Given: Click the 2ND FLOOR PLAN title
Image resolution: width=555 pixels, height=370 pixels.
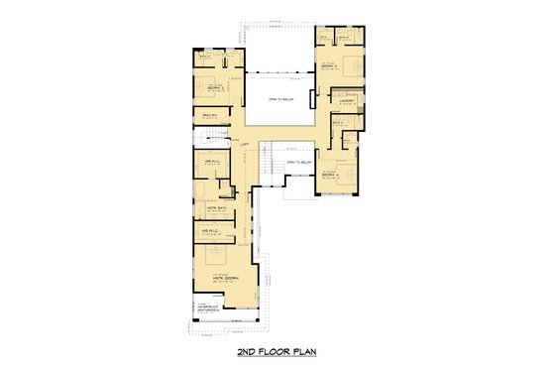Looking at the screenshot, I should point(277,352).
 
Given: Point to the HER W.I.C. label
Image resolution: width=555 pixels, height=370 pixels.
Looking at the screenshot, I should point(210,161).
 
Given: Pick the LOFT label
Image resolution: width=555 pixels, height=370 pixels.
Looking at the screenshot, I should point(245,145).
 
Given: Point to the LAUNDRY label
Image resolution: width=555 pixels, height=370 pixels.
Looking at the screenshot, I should point(347,101).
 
